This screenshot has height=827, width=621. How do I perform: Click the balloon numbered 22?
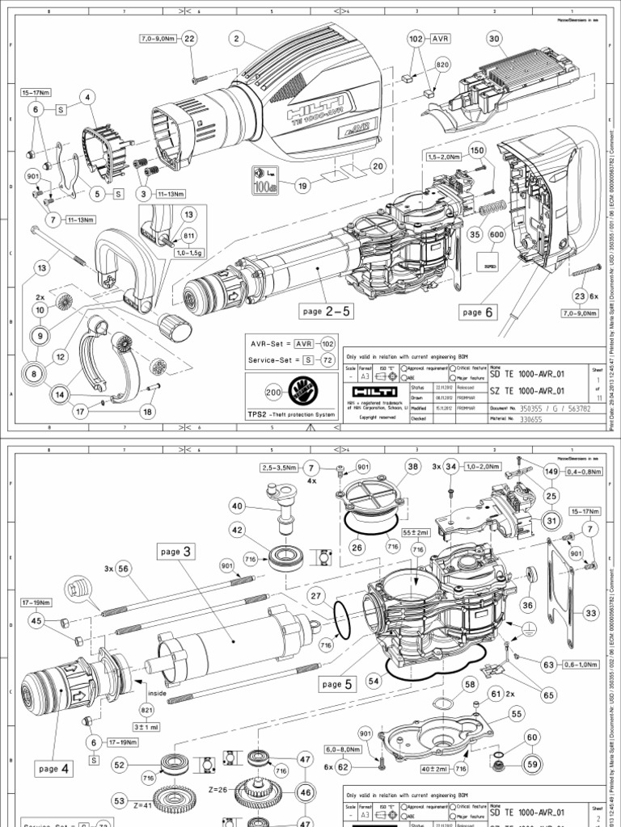[189, 38]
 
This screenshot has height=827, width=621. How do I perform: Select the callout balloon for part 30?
[493, 38]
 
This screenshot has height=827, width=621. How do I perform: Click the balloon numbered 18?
[147, 412]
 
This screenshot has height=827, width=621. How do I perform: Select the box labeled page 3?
[177, 552]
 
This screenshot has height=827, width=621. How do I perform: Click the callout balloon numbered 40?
[237, 506]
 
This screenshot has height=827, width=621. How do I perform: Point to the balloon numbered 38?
[413, 466]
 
